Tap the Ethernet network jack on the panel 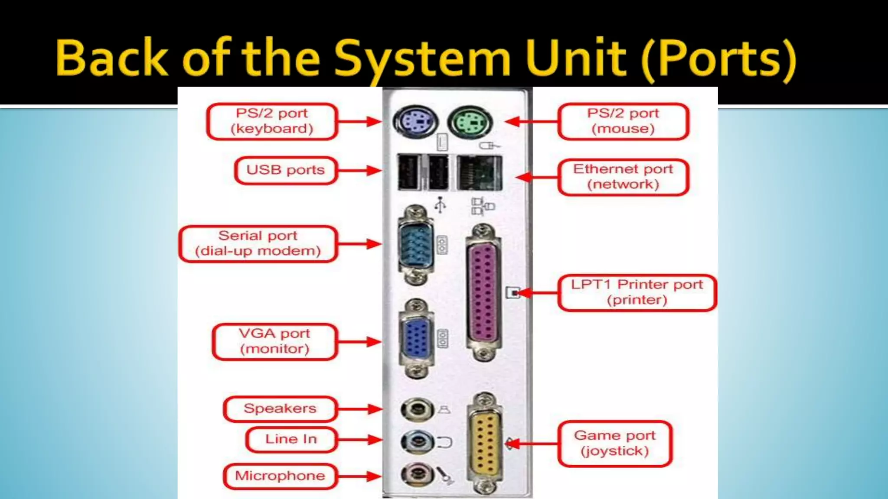tap(479, 173)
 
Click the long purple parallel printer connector tap(483, 292)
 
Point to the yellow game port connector tap(484, 443)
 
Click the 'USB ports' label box tap(285, 170)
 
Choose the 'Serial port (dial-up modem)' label tap(258, 243)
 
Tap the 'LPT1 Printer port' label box tap(637, 292)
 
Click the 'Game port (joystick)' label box tap(615, 443)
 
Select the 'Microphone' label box tap(280, 476)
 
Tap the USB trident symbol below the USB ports tap(440, 205)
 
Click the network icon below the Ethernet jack tap(482, 206)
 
